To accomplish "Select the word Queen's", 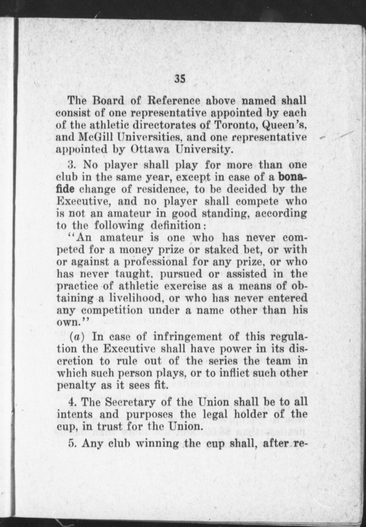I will [285, 126].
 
